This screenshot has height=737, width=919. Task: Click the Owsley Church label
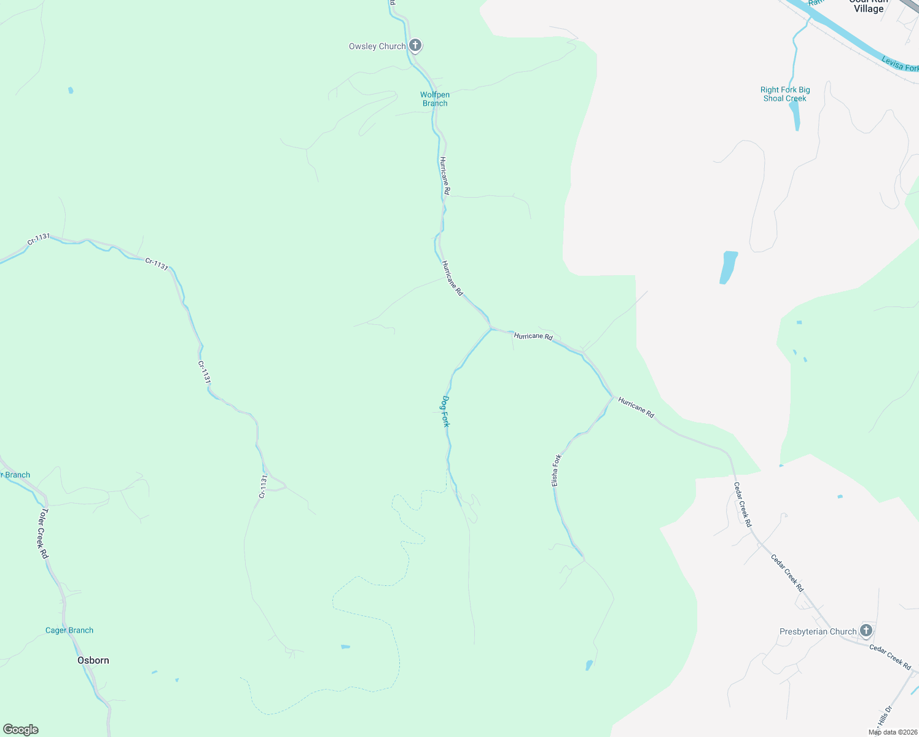point(377,47)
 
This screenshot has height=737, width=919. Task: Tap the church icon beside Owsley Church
point(415,45)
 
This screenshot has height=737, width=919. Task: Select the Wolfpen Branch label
point(435,99)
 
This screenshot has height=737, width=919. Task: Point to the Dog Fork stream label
point(445,411)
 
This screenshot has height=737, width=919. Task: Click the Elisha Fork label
point(556,470)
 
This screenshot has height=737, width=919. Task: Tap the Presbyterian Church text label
point(818,631)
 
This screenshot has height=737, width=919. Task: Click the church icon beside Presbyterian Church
point(866,630)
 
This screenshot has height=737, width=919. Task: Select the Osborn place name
point(93,660)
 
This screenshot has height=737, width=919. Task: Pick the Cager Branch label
point(69,630)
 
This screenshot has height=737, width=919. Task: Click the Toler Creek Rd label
point(44,533)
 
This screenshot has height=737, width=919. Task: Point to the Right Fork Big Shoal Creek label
point(785,94)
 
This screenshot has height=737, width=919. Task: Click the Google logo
point(21,730)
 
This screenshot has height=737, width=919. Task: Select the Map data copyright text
point(891,732)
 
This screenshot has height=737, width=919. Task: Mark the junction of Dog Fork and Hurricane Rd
point(491,329)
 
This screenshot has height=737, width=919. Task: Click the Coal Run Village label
point(868,6)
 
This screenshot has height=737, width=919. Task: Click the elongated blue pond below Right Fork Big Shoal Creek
point(728,267)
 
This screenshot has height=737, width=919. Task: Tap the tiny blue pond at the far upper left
point(71,90)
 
